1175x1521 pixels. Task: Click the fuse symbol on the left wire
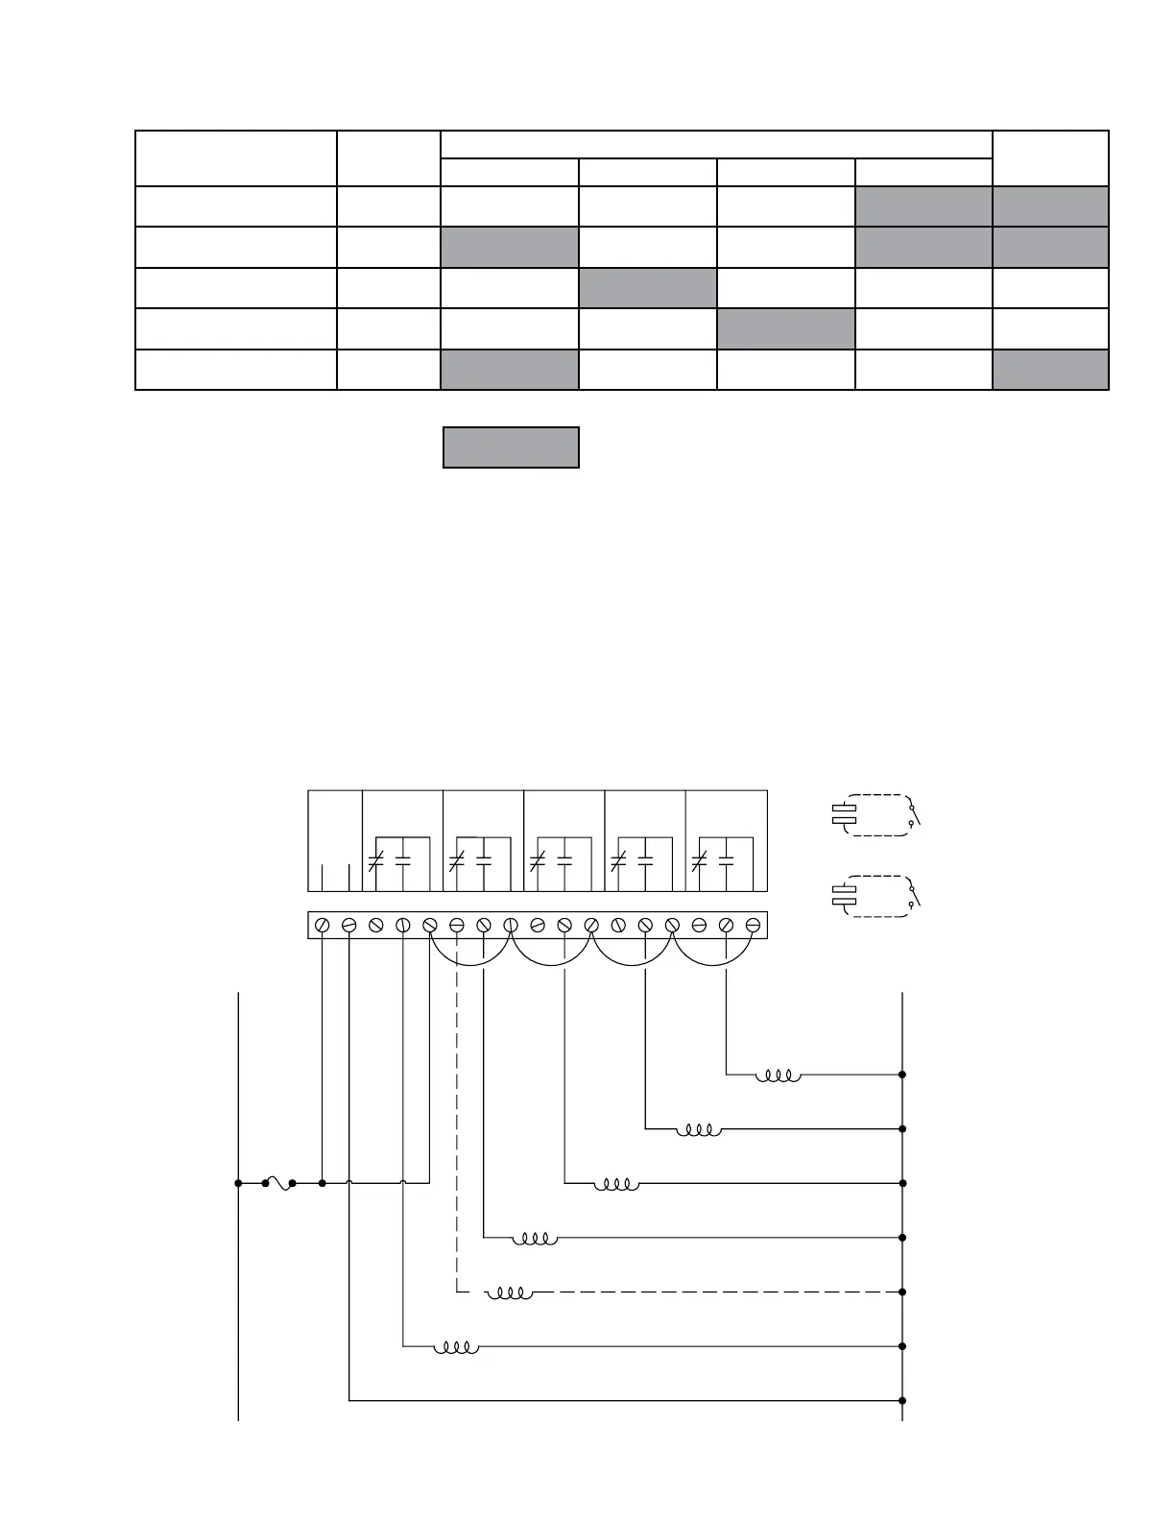(x=279, y=1184)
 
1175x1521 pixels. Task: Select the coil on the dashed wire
(x=510, y=1293)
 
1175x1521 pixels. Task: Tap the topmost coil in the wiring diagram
(x=778, y=1075)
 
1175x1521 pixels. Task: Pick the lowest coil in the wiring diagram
(x=456, y=1347)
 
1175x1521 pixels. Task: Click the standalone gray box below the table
(x=511, y=447)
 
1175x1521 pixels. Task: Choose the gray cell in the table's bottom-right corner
(x=1050, y=370)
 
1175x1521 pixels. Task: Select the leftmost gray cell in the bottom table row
(x=510, y=370)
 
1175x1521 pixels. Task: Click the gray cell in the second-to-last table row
(x=785, y=328)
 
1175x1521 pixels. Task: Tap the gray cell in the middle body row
(x=648, y=288)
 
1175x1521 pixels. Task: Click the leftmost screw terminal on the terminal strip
(x=323, y=925)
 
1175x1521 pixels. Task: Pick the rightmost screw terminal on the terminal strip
(x=754, y=925)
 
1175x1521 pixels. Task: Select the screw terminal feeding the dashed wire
(x=457, y=925)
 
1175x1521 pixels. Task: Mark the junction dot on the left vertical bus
(x=238, y=1183)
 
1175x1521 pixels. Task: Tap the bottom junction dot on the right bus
(x=902, y=1401)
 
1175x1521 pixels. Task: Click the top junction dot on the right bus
(x=902, y=1074)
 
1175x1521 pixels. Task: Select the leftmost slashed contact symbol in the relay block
(x=375, y=861)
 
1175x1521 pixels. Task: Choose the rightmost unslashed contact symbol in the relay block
(x=726, y=861)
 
